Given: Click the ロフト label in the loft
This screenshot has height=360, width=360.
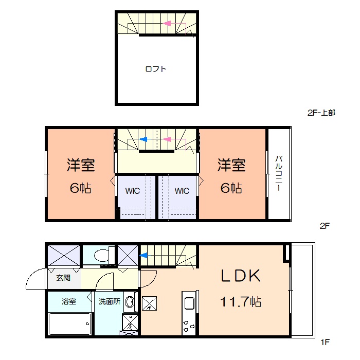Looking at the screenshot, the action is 156,69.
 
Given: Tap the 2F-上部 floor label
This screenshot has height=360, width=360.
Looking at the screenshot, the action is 321,113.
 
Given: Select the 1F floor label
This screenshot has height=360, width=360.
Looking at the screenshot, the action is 325,342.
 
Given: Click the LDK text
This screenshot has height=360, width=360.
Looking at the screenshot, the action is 241,275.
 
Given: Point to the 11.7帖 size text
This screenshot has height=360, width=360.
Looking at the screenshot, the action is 241,302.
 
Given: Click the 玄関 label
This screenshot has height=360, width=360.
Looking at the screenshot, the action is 63,278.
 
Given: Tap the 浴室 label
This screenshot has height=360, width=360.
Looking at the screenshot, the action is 68,301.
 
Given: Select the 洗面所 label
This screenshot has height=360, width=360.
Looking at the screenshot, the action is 110,301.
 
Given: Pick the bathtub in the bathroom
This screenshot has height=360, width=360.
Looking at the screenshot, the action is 70,323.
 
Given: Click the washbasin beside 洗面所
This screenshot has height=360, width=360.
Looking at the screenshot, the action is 130,302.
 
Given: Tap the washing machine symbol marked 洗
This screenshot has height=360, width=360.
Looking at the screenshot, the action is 130,322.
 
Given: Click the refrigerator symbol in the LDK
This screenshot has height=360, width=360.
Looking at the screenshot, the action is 150,303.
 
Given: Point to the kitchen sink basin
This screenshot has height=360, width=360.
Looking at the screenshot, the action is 189,304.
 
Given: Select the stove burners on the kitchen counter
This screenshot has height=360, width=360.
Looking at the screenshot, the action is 189,326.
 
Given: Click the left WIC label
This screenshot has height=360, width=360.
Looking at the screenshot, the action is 133,191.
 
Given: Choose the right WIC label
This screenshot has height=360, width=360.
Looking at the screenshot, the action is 182,191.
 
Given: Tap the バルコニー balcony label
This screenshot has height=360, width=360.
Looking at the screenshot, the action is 279,173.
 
